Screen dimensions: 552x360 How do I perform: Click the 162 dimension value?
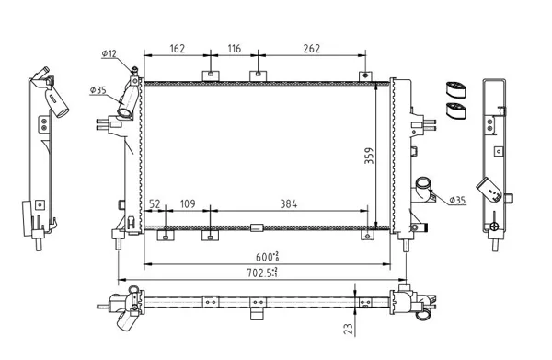tap(177, 48)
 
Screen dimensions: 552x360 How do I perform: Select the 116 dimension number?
tap(235, 48)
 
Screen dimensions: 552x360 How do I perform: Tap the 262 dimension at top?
tap(312, 48)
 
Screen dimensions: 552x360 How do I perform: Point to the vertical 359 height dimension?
tap(369, 156)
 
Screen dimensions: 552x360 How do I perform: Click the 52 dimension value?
tap(155, 204)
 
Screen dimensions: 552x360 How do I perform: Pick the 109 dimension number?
tap(188, 204)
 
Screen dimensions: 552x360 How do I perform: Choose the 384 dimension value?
tap(289, 204)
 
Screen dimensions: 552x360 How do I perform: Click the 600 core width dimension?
tap(267, 257)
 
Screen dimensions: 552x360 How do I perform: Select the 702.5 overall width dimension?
tap(261, 273)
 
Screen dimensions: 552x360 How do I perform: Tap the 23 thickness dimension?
tap(349, 329)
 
